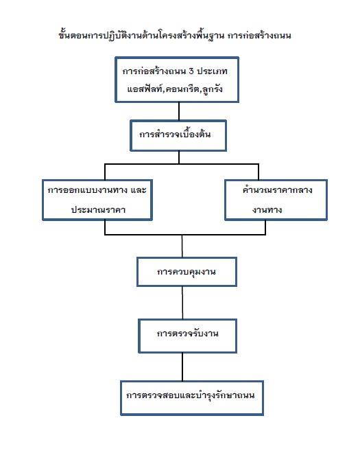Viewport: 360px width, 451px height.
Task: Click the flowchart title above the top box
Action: [175, 35]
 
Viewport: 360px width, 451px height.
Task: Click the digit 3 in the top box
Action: [191, 71]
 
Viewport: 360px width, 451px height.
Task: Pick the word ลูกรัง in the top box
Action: [212, 89]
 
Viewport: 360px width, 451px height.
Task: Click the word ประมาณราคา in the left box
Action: [98, 209]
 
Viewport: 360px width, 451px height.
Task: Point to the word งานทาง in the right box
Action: [267, 210]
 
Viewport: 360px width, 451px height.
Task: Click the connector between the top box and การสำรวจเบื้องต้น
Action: [179, 111]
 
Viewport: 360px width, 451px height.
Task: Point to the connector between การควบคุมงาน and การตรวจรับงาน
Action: [182, 303]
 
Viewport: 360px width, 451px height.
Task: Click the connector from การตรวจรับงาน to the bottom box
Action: [182, 367]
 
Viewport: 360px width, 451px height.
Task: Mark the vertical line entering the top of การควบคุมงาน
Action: [182, 246]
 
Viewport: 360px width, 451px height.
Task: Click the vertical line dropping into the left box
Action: [105, 172]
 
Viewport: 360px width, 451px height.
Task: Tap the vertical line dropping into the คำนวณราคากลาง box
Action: [259, 172]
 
